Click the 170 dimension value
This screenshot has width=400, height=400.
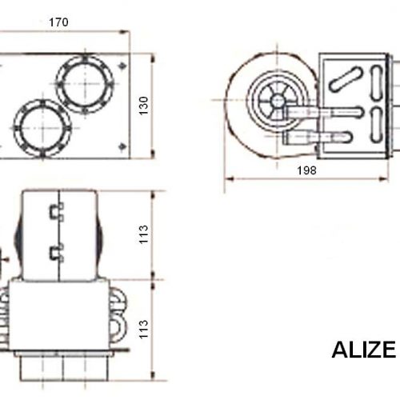point(58,22)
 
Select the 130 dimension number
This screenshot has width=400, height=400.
point(143,106)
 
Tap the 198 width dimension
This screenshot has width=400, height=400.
point(306,170)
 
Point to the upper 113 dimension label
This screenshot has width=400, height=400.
point(143,234)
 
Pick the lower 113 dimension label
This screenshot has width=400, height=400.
point(143,330)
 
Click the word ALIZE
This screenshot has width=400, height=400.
point(364,350)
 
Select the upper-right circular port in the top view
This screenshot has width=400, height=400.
point(85,83)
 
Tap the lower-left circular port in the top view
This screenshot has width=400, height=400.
point(42,128)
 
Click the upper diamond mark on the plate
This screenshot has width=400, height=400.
point(122,65)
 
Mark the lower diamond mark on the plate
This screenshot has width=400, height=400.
point(122,146)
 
